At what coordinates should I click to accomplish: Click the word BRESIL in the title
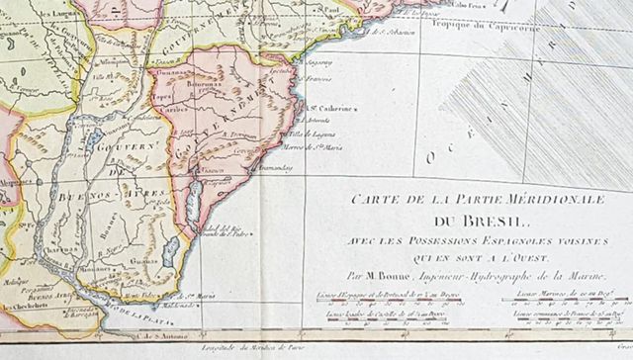pyautogui.click(x=456, y=224)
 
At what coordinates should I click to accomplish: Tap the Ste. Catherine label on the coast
pyautogui.click(x=323, y=110)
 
